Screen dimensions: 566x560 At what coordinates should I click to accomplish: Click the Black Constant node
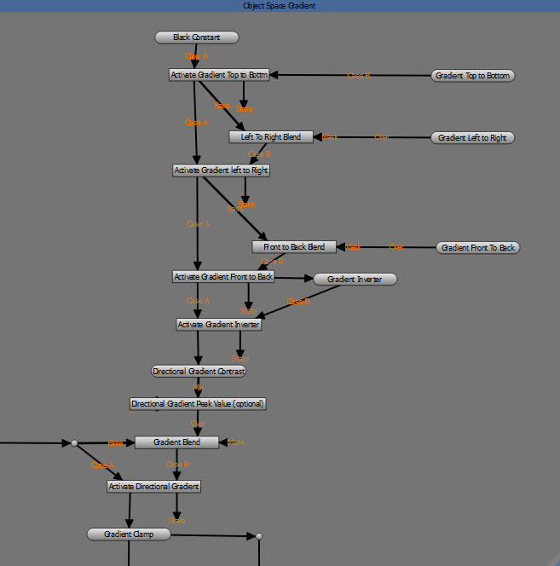pos(196,38)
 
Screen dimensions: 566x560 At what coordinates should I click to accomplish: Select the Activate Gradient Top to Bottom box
pos(219,75)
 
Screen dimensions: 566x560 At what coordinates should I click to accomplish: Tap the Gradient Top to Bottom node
pos(473,76)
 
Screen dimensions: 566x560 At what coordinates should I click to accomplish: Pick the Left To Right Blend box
pos(271,136)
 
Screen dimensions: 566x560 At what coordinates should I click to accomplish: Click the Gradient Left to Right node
pos(472,137)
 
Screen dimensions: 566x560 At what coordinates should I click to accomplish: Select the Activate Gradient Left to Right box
pos(221,170)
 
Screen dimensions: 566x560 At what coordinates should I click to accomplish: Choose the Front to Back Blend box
pos(294,247)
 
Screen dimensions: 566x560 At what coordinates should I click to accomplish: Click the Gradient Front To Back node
pos(477,248)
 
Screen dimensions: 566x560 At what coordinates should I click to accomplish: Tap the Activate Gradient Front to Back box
pos(223,277)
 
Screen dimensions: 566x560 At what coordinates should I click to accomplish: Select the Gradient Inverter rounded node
pos(355,279)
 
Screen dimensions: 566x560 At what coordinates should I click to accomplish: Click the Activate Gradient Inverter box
pos(218,324)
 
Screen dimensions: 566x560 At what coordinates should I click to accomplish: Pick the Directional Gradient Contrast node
pos(198,372)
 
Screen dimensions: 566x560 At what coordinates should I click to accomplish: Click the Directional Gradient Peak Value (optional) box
pos(198,403)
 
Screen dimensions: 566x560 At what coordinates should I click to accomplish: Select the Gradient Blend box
pos(177,442)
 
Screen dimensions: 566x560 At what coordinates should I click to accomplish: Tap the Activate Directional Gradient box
pos(153,487)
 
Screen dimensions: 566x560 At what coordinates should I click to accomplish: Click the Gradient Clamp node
pos(129,534)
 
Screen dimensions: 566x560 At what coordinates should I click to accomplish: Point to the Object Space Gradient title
pos(280,5)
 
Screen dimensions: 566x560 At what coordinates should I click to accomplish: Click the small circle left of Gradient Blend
pos(74,443)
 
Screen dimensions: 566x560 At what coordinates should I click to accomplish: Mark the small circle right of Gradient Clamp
pos(258,536)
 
